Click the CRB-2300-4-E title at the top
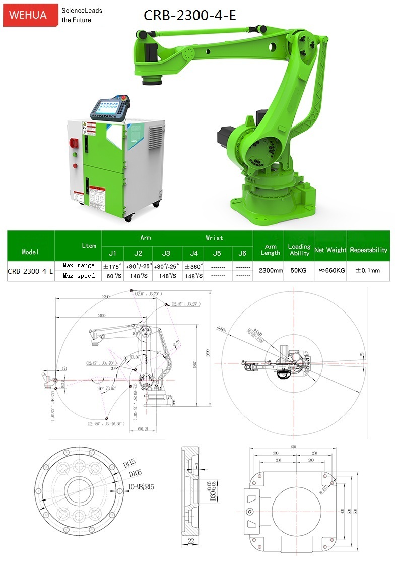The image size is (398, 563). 189,16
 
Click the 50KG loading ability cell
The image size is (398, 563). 299,270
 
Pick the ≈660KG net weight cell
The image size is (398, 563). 330,270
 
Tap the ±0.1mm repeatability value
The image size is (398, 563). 368,270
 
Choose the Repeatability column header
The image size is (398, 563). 368,250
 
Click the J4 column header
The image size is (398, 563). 193,253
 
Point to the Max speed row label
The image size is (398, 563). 79,276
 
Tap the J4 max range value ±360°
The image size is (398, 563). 193,266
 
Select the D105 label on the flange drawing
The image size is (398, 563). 135,475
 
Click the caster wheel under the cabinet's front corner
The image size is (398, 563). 128,218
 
